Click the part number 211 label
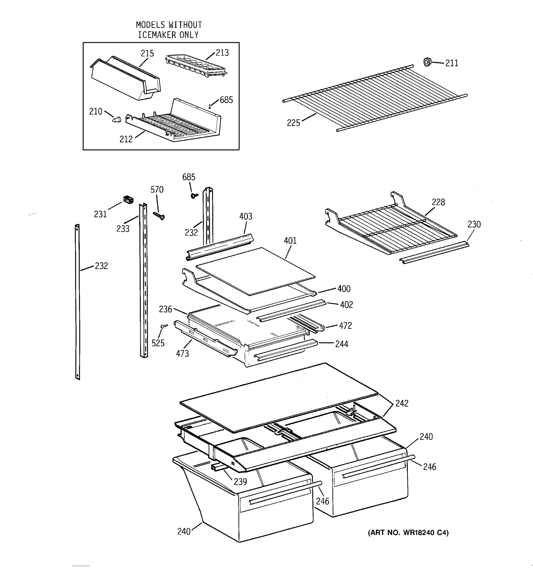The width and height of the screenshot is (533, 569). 452,63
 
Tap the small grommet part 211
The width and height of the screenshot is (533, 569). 427,62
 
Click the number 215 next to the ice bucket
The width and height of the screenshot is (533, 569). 147,54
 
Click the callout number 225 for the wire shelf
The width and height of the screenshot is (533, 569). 293,123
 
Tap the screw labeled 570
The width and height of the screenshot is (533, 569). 158,216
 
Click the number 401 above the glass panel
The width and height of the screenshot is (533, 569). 290,241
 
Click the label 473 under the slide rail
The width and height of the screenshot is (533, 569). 182,354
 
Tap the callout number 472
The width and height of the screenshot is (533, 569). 345,326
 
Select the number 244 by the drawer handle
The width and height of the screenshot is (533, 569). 342,344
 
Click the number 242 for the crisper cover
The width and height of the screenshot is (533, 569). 402,404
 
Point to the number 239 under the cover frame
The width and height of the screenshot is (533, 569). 240,482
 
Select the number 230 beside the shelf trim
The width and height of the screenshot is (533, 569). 474,224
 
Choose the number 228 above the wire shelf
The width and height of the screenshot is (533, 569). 438,202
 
